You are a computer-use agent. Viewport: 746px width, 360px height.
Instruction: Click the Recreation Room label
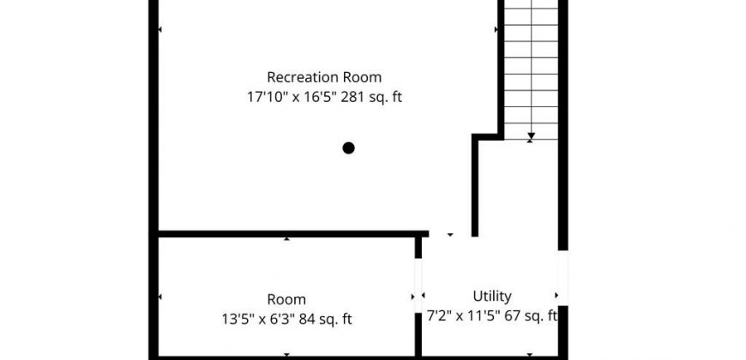(324, 77)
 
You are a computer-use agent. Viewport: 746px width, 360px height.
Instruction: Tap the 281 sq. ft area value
(371, 97)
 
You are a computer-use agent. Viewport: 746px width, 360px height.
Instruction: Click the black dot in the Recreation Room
(349, 148)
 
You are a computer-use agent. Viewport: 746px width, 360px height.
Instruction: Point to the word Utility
(492, 297)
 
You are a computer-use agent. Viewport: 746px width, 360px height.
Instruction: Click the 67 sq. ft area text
(528, 315)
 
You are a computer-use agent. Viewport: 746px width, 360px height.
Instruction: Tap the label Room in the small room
(286, 300)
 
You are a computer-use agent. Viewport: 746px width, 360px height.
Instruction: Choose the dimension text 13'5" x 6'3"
(258, 319)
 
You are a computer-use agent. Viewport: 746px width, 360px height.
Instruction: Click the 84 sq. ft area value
(326, 319)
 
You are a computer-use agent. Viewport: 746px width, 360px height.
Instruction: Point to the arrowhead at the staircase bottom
(531, 135)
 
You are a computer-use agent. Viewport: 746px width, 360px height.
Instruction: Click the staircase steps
(531, 70)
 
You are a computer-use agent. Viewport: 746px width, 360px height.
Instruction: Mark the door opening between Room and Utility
(418, 285)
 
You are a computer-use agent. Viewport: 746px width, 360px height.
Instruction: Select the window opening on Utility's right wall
(563, 278)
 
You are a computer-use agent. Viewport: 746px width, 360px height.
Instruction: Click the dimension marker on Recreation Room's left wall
(160, 29)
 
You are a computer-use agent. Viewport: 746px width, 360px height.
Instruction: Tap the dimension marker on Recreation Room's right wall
(496, 29)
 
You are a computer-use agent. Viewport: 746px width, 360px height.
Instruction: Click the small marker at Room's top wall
(286, 239)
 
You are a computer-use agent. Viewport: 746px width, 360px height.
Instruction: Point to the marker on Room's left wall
(160, 297)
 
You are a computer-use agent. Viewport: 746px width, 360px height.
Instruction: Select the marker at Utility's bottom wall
(530, 355)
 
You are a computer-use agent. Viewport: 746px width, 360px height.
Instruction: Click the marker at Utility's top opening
(450, 235)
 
